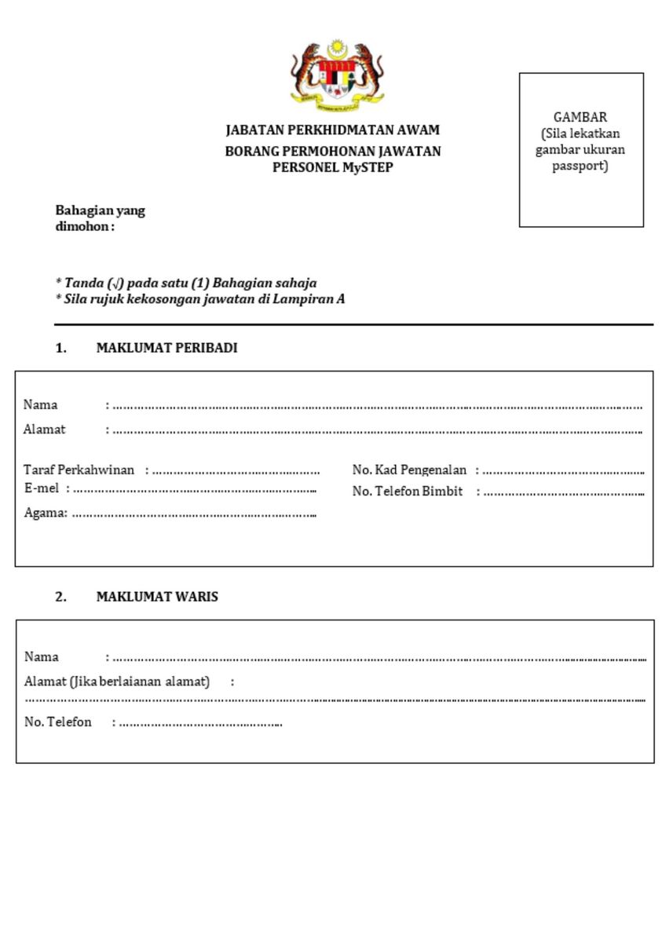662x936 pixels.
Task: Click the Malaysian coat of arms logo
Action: [x=337, y=72]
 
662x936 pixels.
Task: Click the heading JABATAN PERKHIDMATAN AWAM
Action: [x=332, y=130]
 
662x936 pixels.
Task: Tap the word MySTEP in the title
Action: [x=368, y=167]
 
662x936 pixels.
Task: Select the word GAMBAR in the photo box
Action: [x=580, y=117]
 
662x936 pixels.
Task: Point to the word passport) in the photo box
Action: [x=580, y=166]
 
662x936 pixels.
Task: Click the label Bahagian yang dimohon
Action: [x=99, y=218]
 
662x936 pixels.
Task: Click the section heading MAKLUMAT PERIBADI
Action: [x=166, y=349]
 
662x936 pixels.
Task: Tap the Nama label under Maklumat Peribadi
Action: [x=41, y=405]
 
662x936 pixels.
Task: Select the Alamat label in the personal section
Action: [x=45, y=430]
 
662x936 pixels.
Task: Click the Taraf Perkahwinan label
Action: [x=79, y=470]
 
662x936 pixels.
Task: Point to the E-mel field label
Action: [x=42, y=489]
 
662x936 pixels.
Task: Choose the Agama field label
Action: [x=46, y=514]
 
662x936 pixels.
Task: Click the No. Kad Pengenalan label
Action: [x=409, y=470]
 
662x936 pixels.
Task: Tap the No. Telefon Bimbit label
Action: [x=407, y=492]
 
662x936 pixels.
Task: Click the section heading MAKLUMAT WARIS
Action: [x=157, y=597]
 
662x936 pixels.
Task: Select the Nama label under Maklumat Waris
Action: [x=42, y=656]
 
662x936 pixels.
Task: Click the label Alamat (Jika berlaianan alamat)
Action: [x=117, y=682]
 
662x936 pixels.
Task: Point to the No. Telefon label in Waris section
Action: [x=58, y=722]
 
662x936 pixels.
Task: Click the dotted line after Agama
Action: [x=194, y=515]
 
